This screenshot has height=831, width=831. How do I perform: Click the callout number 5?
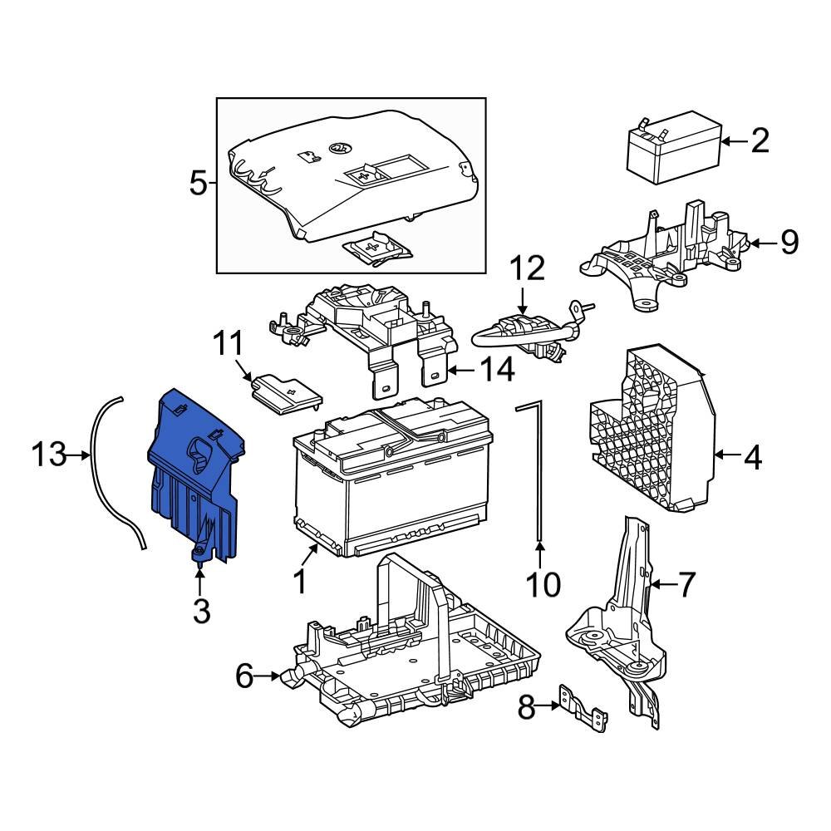coord(198,182)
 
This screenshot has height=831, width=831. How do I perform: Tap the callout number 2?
coord(760,141)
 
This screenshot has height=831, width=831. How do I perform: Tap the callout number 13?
coord(48,455)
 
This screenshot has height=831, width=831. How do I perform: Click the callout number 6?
coord(243,676)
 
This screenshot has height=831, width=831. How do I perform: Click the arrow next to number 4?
coord(725,455)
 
